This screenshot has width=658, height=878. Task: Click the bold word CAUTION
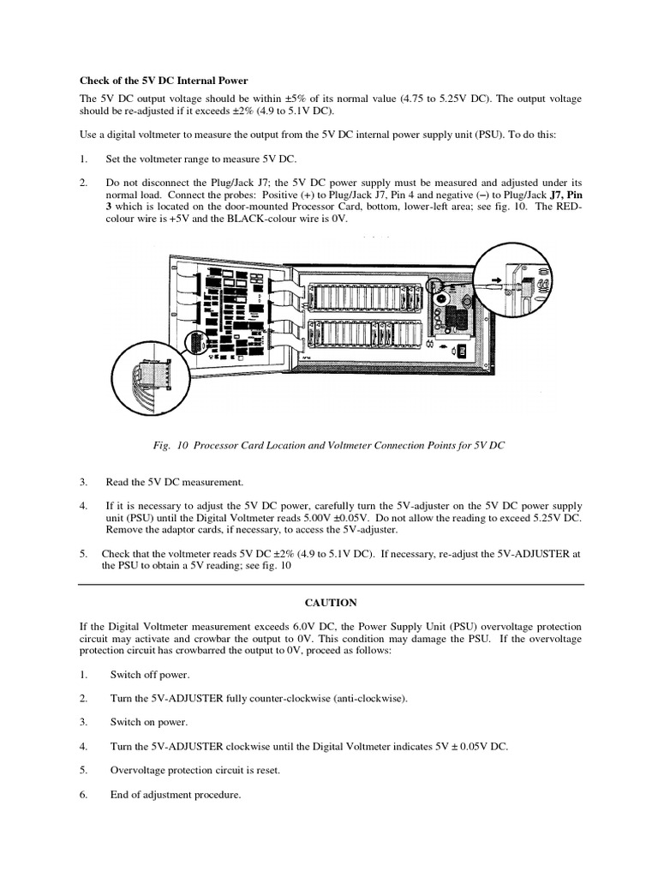[330, 603]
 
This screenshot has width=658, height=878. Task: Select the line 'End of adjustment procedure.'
[175, 794]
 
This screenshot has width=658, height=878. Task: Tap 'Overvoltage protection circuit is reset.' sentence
[194, 770]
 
